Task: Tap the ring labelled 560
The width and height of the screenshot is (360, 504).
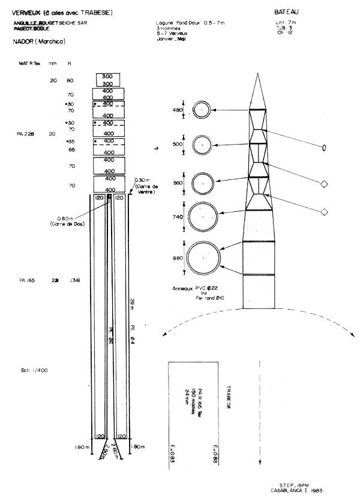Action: (203, 184)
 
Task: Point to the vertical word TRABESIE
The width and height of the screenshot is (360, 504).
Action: (229, 397)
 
